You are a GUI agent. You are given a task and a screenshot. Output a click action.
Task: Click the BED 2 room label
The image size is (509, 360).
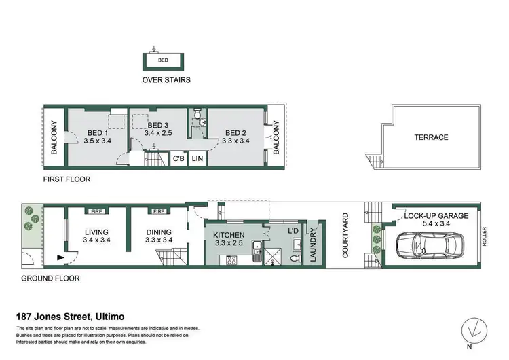235,132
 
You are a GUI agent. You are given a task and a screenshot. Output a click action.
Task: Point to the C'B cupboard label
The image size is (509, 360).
179,158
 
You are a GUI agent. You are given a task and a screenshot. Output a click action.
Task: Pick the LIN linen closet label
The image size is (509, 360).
197,158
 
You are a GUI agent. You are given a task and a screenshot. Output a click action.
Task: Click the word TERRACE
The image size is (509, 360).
431,137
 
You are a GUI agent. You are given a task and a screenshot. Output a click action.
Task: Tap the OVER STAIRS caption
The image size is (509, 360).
166,79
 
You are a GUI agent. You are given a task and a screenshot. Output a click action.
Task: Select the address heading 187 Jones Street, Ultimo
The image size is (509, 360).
71,317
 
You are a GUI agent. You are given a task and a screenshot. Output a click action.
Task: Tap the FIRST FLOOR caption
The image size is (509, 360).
66,180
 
